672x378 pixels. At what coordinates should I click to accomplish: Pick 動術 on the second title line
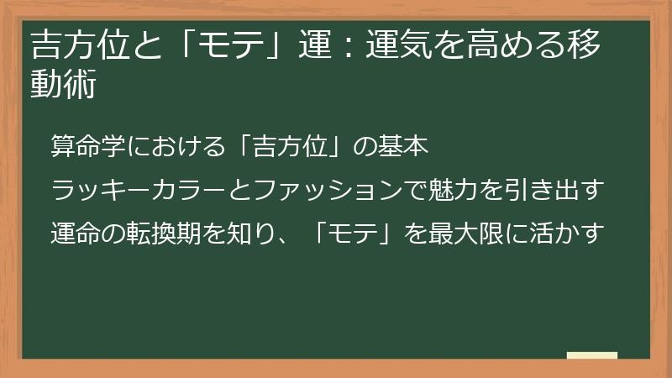point(62,84)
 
